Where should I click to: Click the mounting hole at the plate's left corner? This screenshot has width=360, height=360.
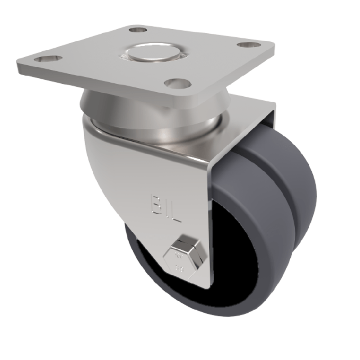click(44, 59)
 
